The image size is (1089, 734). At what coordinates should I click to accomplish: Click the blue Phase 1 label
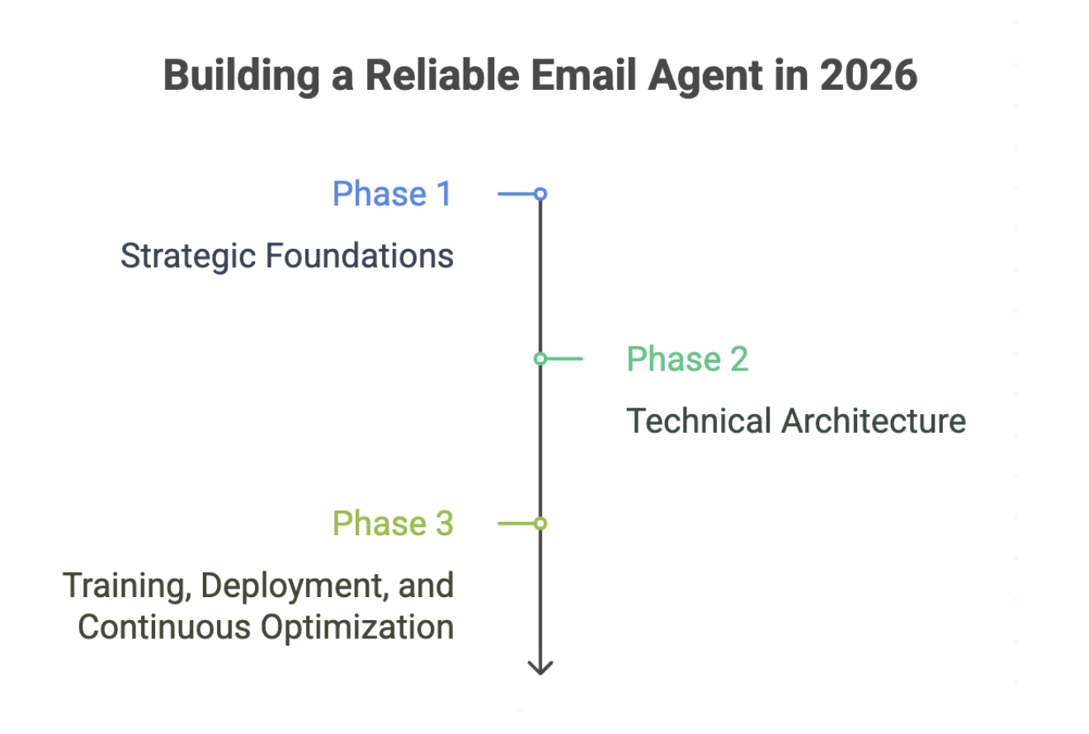392,194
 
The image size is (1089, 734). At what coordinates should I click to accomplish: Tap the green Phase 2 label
687,359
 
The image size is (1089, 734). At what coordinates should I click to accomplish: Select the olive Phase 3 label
393,524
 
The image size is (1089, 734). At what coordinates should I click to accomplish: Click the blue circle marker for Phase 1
540,194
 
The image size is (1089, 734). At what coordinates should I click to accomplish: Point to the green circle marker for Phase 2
540,359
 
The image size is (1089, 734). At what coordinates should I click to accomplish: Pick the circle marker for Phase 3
540,524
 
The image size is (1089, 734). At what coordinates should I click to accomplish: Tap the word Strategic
188,256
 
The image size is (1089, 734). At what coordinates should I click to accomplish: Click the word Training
128,586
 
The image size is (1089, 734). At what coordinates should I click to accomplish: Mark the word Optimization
358,627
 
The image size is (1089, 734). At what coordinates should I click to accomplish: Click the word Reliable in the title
441,76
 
